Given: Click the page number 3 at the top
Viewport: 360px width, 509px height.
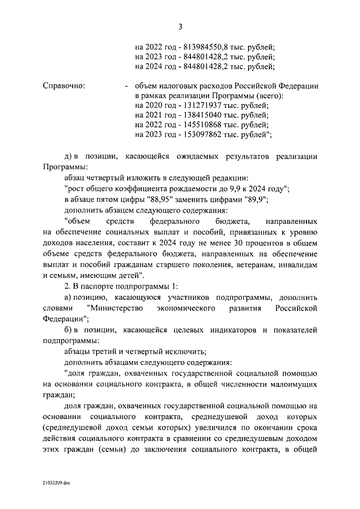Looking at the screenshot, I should (180, 26).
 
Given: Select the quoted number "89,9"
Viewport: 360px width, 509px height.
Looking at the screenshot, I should (256, 200).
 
